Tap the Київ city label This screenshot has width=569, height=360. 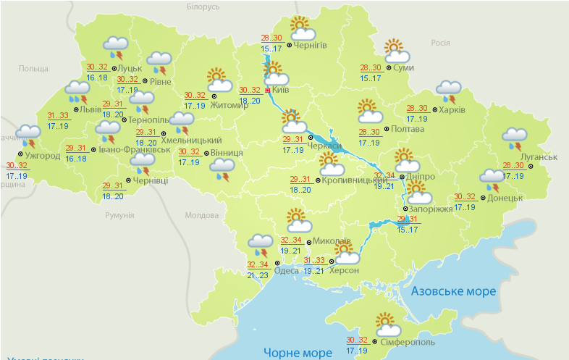[281, 91]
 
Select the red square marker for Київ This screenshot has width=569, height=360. [267, 91]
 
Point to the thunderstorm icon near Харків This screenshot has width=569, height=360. [448, 92]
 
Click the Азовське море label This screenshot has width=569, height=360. [453, 291]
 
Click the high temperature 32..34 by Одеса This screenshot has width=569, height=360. [258, 264]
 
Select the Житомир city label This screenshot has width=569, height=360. [230, 104]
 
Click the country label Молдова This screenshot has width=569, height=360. [201, 215]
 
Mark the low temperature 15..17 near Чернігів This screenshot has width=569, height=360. [271, 49]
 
